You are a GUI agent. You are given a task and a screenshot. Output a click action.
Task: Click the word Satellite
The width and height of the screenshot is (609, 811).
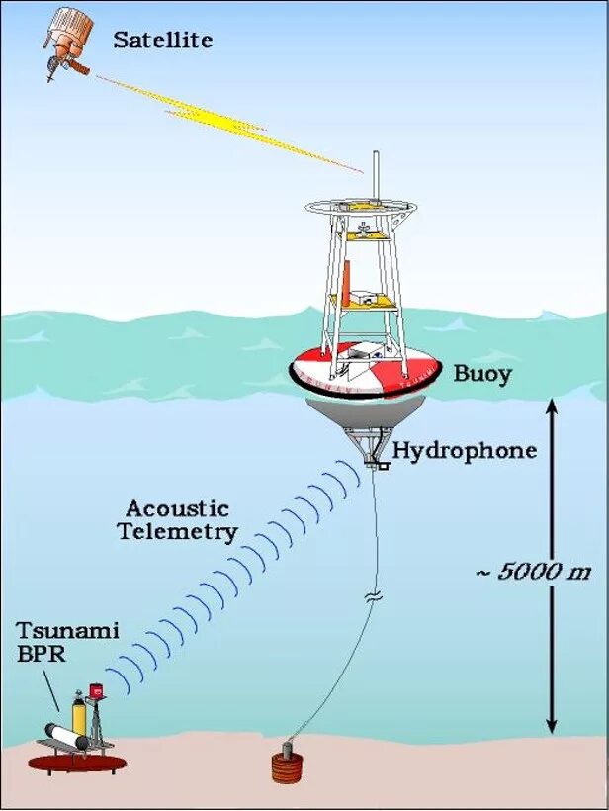(163, 41)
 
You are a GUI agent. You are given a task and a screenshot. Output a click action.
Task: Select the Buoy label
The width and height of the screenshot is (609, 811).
(481, 374)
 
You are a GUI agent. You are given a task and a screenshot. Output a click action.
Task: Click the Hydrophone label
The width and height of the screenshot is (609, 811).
(465, 451)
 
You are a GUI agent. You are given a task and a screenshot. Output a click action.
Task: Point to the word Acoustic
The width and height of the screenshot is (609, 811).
(177, 510)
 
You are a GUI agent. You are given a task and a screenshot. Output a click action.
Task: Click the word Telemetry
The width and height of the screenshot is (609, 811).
(177, 532)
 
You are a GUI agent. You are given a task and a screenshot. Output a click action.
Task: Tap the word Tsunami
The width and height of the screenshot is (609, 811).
(53, 630)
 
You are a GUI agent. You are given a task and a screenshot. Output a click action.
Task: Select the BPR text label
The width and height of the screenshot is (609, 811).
(37, 653)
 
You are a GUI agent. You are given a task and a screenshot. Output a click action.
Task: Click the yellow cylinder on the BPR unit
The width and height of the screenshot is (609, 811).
(79, 714)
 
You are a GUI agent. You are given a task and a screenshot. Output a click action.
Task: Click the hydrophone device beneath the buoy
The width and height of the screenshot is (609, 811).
(374, 458)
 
